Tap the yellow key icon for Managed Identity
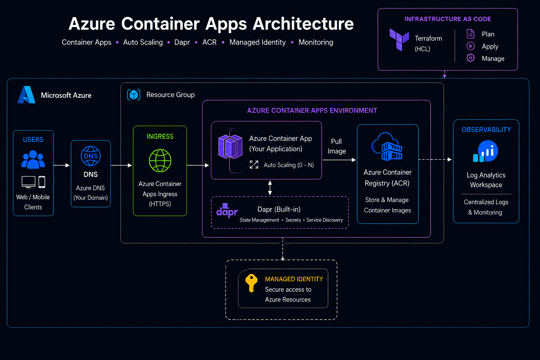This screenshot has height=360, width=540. [251, 283]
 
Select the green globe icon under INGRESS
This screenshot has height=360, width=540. [160, 161]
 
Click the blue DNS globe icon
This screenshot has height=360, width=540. [91, 156]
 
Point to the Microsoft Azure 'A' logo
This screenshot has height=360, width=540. [26, 95]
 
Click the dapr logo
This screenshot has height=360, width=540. [227, 211]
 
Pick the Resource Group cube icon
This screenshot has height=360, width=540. [134, 95]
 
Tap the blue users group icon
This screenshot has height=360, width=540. [33, 159]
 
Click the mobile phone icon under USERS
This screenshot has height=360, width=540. [42, 182]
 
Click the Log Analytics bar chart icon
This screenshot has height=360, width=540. [486, 151]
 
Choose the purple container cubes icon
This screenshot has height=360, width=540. [230, 147]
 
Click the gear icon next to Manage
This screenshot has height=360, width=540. [471, 58]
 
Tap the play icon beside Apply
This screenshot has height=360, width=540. [471, 46]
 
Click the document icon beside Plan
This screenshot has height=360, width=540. [471, 34]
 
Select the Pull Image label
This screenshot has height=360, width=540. [336, 146]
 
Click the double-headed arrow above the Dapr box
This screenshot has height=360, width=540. [270, 188]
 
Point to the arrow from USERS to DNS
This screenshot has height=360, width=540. [62, 166]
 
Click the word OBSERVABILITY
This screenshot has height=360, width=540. [486, 130]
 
